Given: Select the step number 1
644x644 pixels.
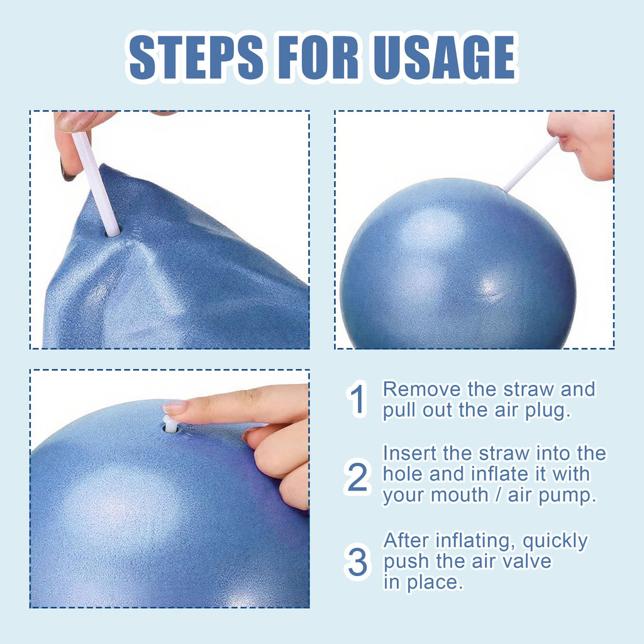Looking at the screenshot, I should click(357, 400).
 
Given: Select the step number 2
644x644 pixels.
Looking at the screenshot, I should click(357, 478).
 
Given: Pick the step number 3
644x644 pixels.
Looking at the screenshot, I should click(357, 562).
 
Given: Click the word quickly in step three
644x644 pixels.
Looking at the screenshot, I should click(555, 541).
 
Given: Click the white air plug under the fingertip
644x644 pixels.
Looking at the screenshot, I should click(170, 423).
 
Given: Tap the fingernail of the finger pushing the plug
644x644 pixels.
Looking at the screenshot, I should click(175, 408).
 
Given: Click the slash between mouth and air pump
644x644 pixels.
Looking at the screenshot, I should click(501, 496).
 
